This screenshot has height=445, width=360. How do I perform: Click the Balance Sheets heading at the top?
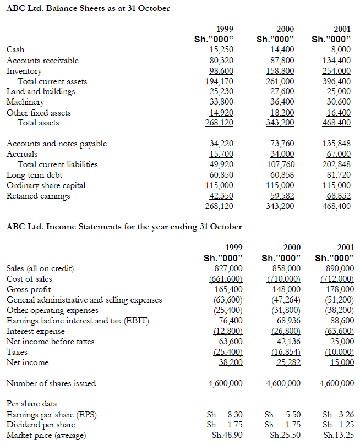pos(88,8)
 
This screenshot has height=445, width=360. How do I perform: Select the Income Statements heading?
pos(124,227)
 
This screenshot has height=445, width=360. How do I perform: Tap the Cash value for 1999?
pos(222,50)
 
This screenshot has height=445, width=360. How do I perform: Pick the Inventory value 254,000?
pos(337,71)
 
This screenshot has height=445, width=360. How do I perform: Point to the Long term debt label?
pos(34,175)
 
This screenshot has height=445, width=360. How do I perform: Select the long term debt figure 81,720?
pos(339,175)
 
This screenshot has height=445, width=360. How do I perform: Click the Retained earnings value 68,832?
pos(339,196)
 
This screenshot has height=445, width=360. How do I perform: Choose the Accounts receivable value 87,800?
pos(281,61)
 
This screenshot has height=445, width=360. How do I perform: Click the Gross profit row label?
pos(29,289)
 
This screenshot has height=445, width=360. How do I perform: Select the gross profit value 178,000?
pos(339,289)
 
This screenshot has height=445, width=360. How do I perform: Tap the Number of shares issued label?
pos(51,383)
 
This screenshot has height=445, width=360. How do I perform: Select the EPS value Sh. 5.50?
pos(282,415)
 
